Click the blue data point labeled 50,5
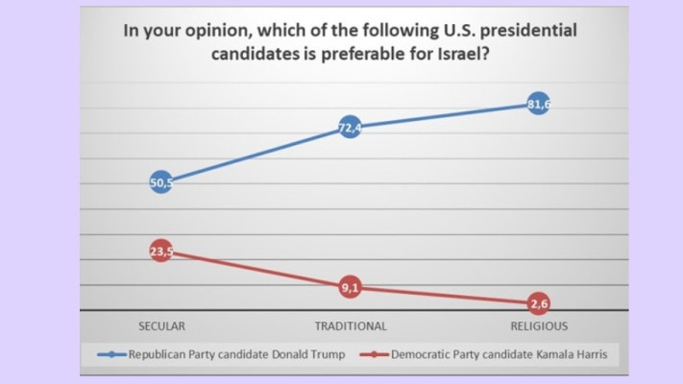pyautogui.click(x=161, y=182)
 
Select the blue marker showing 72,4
pyautogui.click(x=351, y=127)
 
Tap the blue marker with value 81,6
pyautogui.click(x=539, y=104)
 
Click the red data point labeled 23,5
pyautogui.click(x=161, y=252)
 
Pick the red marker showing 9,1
pyautogui.click(x=351, y=287)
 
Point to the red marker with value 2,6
pyautogui.click(x=539, y=304)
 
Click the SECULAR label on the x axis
pyautogui.click(x=161, y=325)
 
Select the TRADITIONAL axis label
pyautogui.click(x=351, y=325)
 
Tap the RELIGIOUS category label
pyautogui.click(x=539, y=325)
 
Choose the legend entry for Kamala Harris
pyautogui.click(x=491, y=354)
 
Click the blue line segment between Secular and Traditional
pyautogui.click(x=256, y=155)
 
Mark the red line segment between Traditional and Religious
pyautogui.click(x=445, y=296)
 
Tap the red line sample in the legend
pyautogui.click(x=374, y=354)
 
